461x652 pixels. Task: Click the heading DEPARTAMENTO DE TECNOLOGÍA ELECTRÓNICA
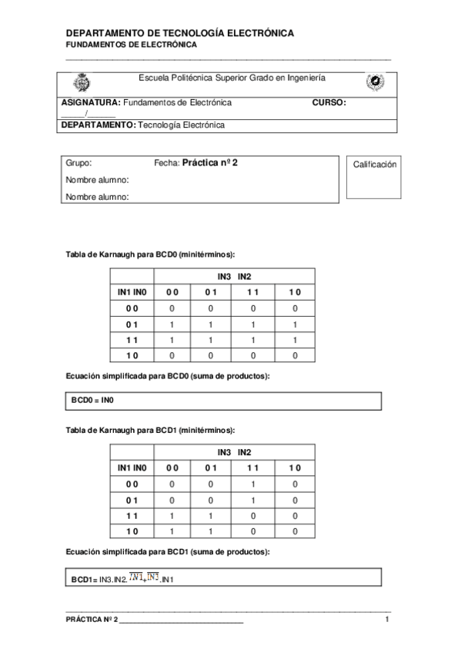click(179, 34)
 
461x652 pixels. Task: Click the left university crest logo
click(79, 83)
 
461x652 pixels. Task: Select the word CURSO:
click(329, 102)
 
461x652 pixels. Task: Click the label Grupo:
click(79, 164)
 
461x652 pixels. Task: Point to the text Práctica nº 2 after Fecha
click(209, 163)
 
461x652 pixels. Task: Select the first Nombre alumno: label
click(96, 180)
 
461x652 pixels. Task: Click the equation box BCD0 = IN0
click(222, 401)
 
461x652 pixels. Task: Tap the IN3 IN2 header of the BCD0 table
click(235, 277)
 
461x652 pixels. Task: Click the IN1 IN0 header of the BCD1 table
click(132, 467)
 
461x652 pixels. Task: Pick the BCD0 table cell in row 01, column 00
click(172, 324)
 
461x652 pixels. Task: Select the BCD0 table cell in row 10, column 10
click(295, 356)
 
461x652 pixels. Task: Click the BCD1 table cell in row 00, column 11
click(253, 484)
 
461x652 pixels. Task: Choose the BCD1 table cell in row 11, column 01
click(211, 516)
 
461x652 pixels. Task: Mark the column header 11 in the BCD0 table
click(253, 292)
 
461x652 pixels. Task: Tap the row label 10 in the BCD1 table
click(132, 531)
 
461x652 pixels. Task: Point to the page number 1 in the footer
click(387, 620)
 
